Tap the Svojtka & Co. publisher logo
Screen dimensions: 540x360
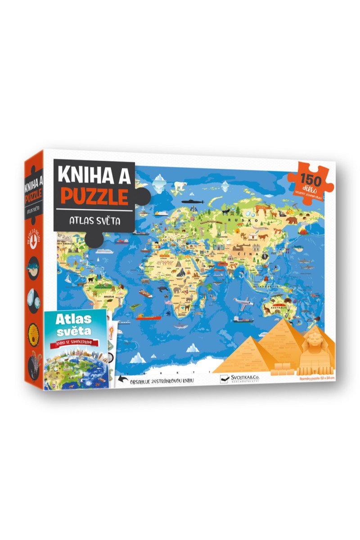pyautogui.click(x=240, y=379)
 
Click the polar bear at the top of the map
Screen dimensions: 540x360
pyautogui.click(x=180, y=184)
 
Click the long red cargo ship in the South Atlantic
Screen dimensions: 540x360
pyautogui.click(x=149, y=317)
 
